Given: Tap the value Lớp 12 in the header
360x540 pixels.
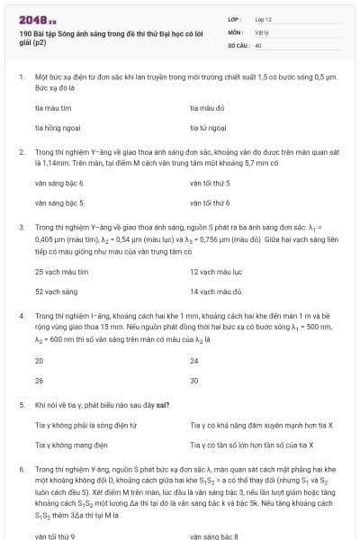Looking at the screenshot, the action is click(x=264, y=19).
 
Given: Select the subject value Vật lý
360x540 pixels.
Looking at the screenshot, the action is click(x=262, y=31).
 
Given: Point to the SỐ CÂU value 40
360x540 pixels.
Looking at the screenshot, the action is click(x=258, y=44).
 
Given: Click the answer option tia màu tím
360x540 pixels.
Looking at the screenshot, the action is click(x=52, y=108).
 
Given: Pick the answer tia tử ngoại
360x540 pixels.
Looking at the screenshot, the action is click(x=208, y=129).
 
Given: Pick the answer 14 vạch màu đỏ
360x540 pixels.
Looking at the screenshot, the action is click(x=215, y=292).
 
